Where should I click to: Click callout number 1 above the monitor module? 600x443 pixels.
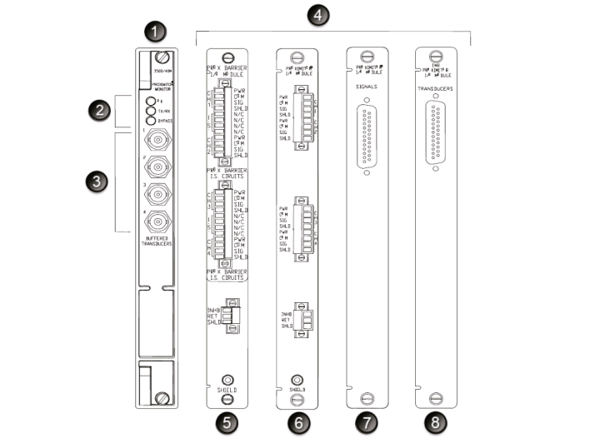[x=155, y=34]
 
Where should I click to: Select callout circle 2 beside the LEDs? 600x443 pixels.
[x=97, y=109]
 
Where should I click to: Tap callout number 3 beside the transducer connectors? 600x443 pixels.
[x=97, y=182]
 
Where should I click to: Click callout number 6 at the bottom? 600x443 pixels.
[x=297, y=423]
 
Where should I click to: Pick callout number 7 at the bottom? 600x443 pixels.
[x=367, y=423]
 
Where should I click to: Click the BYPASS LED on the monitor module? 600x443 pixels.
[x=151, y=118]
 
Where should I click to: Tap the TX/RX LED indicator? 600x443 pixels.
[x=151, y=109]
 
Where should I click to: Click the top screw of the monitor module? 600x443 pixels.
[x=164, y=59]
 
